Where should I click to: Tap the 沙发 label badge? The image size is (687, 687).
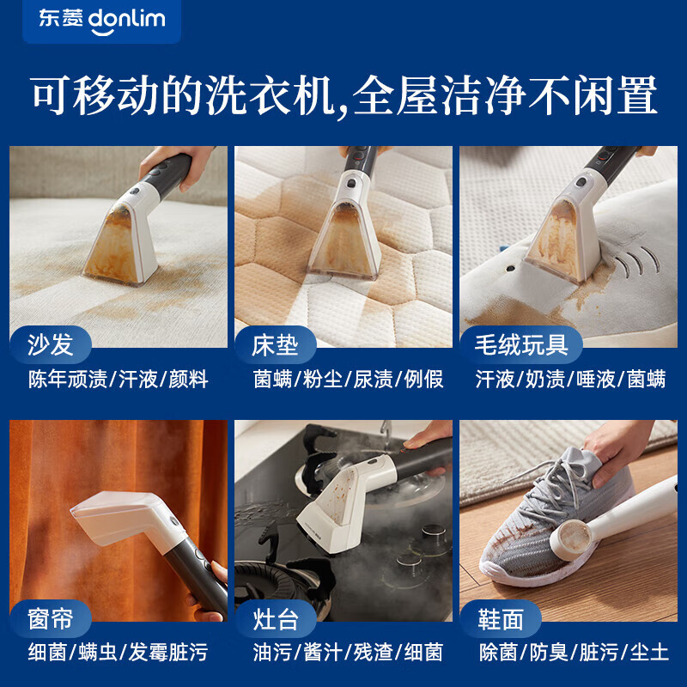coord(51,346)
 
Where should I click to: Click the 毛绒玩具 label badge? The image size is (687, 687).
coord(521,346)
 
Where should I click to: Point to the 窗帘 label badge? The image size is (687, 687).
coord(51,618)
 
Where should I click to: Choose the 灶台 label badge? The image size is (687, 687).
coord(275,618)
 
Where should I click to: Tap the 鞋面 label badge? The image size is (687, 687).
coord(501,618)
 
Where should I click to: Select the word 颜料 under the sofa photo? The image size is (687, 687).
coord(188,380)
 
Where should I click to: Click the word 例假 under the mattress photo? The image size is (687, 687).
coord(423,380)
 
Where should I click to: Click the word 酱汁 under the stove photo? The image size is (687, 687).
coord(323,653)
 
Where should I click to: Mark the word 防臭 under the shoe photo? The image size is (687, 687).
coord(547,653)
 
